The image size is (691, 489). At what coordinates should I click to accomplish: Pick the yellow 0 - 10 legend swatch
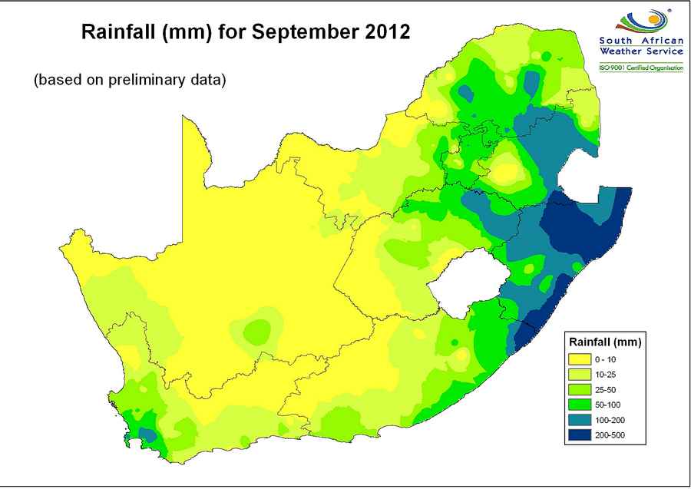[x=580, y=358]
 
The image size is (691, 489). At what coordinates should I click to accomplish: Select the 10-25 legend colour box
[x=580, y=375]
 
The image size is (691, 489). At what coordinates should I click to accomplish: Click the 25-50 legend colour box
[x=580, y=392]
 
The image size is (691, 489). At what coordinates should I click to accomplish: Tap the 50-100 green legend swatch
[x=580, y=409]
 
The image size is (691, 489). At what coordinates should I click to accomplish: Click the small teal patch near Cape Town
[x=147, y=434]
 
